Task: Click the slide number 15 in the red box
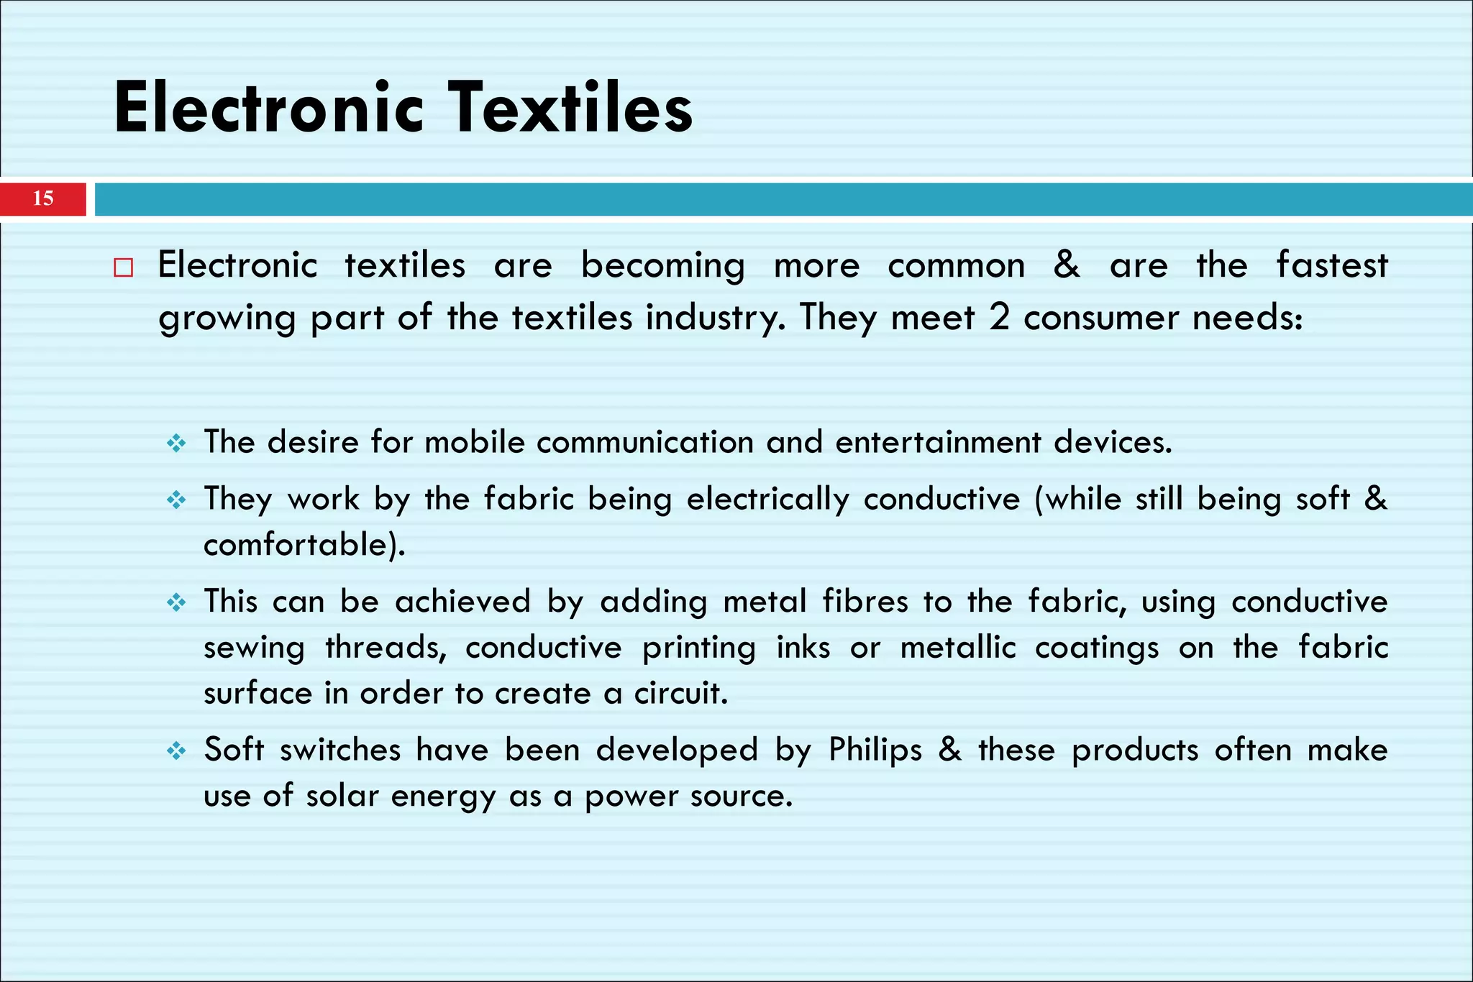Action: pos(43,198)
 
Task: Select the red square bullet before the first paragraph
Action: pos(124,268)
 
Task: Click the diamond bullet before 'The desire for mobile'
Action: pos(176,443)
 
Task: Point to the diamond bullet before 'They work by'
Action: pos(176,500)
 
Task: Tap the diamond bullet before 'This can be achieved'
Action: pos(176,602)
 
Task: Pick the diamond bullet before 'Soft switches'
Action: pos(176,751)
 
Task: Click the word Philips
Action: pos(875,750)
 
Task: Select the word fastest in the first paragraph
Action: pos(1331,265)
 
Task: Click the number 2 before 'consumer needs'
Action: pos(999,317)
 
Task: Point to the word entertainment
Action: pos(938,441)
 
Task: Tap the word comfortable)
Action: pos(304,544)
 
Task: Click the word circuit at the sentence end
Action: pos(680,693)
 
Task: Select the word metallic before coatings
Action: pos(958,647)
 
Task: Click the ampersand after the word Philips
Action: pos(950,750)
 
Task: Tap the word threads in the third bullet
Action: pos(386,647)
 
